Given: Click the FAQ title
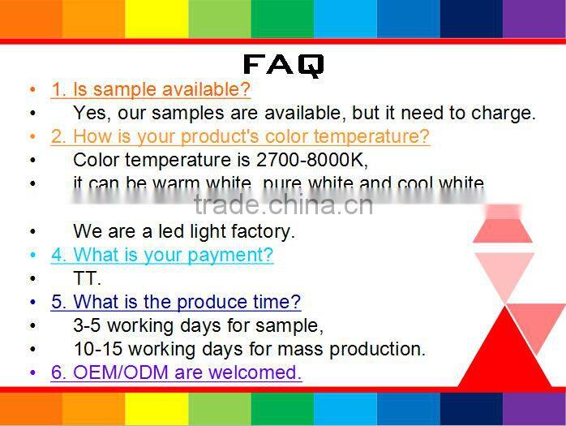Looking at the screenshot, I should pyautogui.click(x=283, y=65).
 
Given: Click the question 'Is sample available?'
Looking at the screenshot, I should pyautogui.click(x=151, y=89).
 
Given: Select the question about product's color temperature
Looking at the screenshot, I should pyautogui.click(x=240, y=136).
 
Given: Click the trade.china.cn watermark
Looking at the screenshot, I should pyautogui.click(x=283, y=204).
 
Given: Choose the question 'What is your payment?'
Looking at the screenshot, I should pyautogui.click(x=162, y=255).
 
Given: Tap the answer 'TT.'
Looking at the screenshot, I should pyautogui.click(x=87, y=278).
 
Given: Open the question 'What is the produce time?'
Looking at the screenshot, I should pyautogui.click(x=175, y=302).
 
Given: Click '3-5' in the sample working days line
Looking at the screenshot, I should pyautogui.click(x=88, y=325).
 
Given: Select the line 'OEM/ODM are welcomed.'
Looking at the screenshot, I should pyautogui.click(x=176, y=372).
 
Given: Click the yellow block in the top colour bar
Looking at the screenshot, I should pyautogui.click(x=157, y=19).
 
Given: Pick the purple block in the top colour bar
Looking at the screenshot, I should pyautogui.click(x=534, y=19).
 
